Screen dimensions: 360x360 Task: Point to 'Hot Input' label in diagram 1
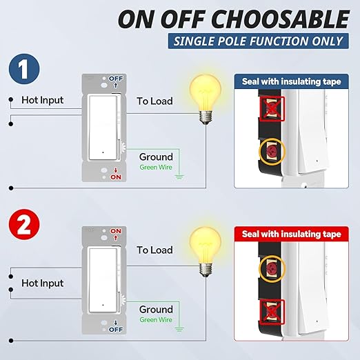click(42, 101)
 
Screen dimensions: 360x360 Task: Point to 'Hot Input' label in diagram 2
click(42, 283)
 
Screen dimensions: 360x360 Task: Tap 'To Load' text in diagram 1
click(154, 101)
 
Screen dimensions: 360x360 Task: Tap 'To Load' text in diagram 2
click(154, 250)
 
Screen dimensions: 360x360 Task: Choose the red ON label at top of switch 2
click(115, 232)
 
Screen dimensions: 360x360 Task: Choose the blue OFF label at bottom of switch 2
click(115, 329)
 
